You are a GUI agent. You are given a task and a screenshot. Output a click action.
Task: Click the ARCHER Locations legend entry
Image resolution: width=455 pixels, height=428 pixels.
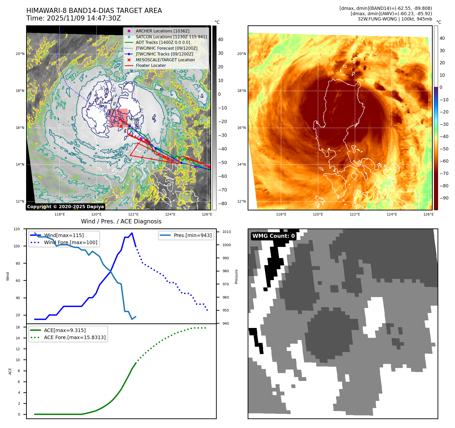(x=162, y=31)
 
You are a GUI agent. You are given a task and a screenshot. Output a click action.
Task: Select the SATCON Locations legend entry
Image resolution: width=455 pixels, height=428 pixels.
(x=171, y=37)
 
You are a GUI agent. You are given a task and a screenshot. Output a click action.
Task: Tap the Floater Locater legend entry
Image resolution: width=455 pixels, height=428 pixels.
(x=151, y=65)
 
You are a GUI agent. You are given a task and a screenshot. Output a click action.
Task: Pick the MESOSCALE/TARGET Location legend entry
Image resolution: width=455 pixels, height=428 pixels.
(x=165, y=60)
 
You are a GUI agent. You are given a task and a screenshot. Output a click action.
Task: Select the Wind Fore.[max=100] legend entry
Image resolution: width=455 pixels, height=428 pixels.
(x=70, y=242)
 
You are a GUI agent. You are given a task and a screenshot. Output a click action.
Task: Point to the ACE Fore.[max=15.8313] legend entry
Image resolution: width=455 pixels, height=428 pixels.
(x=75, y=337)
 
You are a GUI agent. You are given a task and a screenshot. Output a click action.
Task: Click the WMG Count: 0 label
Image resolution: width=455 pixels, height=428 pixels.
(x=273, y=236)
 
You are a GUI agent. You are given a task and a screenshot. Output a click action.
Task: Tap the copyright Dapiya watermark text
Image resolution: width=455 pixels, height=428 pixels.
(x=65, y=207)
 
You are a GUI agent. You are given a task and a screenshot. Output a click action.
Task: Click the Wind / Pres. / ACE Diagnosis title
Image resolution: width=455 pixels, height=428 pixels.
(x=121, y=221)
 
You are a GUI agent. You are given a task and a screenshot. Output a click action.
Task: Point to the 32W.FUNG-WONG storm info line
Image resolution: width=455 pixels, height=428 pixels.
(x=395, y=19)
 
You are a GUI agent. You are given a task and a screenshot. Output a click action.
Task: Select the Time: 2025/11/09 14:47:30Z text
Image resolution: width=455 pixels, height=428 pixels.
(x=73, y=18)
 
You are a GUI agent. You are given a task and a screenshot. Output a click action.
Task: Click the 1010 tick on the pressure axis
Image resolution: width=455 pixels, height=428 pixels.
(x=226, y=232)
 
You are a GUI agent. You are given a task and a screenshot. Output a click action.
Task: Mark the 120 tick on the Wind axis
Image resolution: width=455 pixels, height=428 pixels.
(x=17, y=229)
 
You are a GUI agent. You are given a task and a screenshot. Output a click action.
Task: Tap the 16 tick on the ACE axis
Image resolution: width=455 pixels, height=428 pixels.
(x=18, y=327)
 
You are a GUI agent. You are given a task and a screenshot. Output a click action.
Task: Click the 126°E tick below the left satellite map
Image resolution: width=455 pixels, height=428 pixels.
(x=207, y=214)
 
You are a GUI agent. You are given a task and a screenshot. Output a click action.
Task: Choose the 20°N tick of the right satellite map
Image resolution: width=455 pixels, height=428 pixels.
(x=241, y=54)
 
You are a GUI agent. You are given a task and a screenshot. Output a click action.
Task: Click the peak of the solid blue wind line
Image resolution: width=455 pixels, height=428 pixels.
(x=132, y=233)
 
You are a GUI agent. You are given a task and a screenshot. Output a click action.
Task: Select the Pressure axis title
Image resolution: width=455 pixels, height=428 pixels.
(x=236, y=277)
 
